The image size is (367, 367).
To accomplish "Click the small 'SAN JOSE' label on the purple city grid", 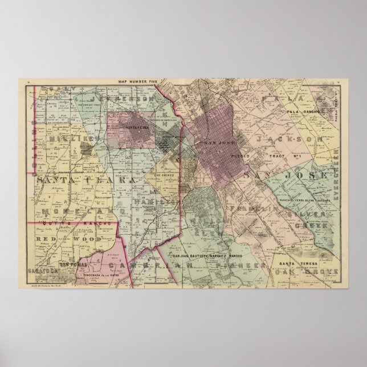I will click(217, 142).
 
